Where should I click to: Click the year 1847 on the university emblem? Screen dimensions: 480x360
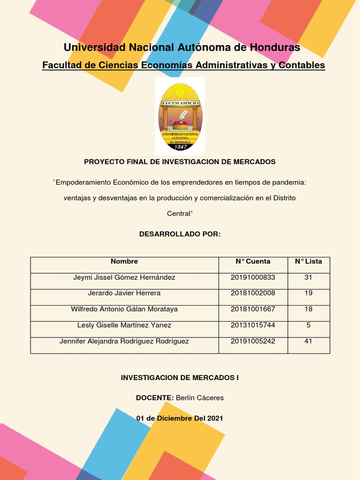180,147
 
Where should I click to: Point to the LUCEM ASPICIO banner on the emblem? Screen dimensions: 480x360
180,103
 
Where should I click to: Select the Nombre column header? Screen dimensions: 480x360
124,262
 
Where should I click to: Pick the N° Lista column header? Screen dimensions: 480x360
308,262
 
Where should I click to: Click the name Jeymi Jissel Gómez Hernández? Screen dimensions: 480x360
124,277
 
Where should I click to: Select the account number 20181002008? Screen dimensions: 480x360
253,293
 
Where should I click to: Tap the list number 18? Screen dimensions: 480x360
308,309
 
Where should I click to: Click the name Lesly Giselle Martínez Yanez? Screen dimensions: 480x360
124,325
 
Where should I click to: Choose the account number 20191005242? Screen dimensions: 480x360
253,341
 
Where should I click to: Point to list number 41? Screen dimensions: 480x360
308,341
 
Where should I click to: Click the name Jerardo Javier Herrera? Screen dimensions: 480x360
124,293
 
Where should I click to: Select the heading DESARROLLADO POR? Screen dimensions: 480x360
180,233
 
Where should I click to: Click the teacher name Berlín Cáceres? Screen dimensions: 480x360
200,397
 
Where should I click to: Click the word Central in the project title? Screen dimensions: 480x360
179,213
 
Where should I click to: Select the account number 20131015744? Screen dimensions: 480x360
253,325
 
